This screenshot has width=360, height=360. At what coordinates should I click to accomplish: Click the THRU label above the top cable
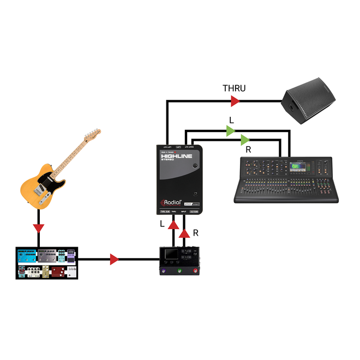tap(234, 88)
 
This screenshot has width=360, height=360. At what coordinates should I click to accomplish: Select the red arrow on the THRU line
tap(235, 101)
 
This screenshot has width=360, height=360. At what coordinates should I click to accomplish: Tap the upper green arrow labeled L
tap(231, 130)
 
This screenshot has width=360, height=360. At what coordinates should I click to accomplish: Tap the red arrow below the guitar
tap(39, 226)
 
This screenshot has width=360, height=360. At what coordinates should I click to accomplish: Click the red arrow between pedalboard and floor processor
tap(114, 260)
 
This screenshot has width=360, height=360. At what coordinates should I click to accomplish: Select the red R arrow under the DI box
tap(185, 233)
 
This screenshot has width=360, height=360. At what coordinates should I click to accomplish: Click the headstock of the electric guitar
tap(92, 136)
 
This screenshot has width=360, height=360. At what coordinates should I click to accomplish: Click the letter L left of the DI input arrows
tap(161, 224)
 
